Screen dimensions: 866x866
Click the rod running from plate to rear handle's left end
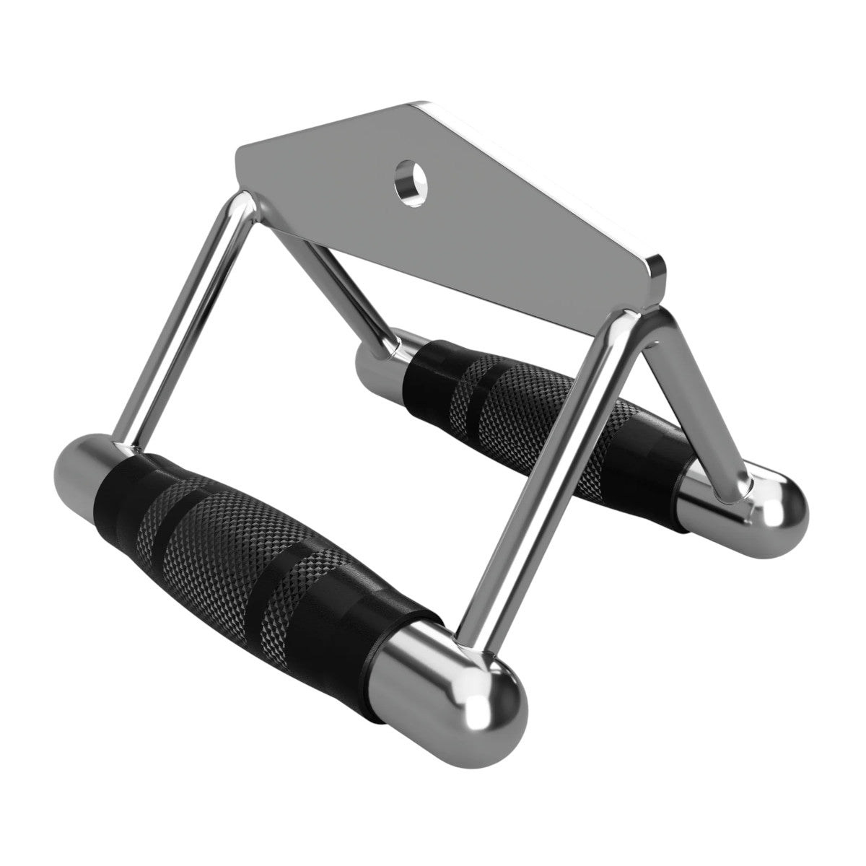(339, 289)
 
